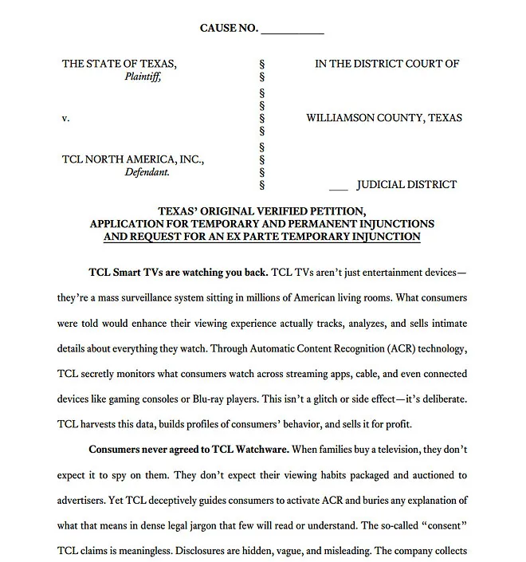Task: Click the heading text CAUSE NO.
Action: pos(229,29)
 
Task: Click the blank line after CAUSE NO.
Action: pos(292,30)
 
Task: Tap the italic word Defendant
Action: pos(145,171)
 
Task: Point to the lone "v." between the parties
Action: pos(65,119)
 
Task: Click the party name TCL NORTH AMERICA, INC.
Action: pos(133,159)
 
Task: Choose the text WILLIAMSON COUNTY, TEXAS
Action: pos(384,119)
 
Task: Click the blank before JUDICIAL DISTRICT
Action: pos(338,186)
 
